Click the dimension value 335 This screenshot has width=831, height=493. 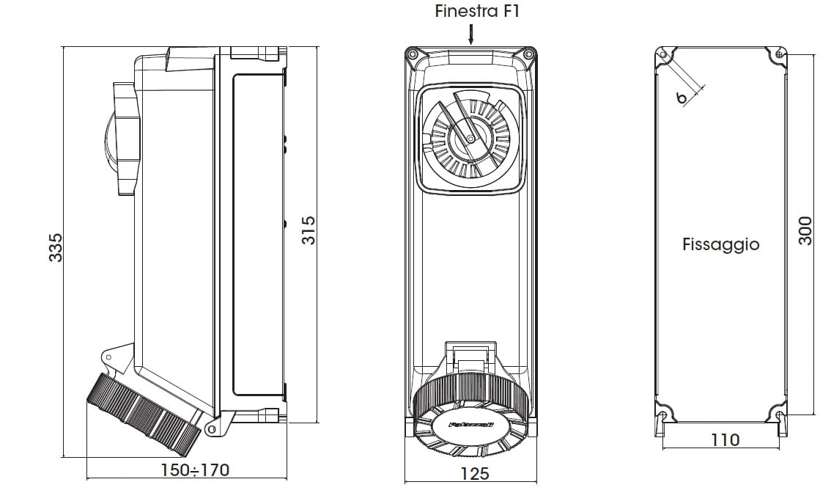(x=56, y=247)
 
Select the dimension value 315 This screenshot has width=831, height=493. (x=309, y=230)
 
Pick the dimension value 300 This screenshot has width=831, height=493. (x=805, y=230)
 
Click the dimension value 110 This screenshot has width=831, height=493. (x=725, y=440)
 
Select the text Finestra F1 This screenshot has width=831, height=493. (x=471, y=11)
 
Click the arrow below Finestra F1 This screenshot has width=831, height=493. (x=471, y=34)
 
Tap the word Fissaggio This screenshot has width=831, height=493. (x=720, y=244)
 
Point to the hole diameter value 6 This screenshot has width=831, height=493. (x=681, y=97)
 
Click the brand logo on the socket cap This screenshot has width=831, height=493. (x=470, y=423)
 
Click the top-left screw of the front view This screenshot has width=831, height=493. (x=413, y=54)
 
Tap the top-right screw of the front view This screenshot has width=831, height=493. (x=528, y=54)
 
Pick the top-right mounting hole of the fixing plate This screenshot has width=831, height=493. (x=780, y=54)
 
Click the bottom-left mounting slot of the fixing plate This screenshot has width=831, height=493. (x=664, y=419)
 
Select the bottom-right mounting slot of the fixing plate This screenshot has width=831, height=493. (x=780, y=419)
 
